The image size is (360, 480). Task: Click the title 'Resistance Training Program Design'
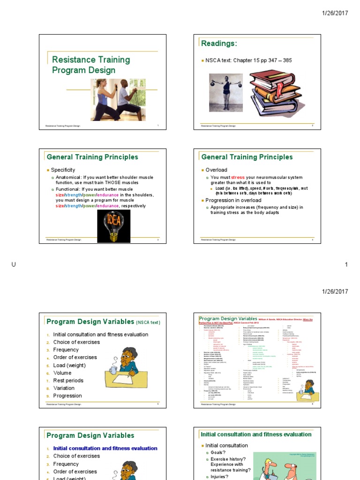pos(90,65)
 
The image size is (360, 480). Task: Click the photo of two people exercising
pos(118,99)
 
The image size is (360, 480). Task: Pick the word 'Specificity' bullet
pos(63,170)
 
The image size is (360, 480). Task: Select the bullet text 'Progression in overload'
pos(233,200)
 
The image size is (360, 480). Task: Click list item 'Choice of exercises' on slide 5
pos(76,342)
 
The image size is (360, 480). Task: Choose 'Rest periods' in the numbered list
pos(68,381)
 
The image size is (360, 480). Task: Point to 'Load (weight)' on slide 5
pos(69,365)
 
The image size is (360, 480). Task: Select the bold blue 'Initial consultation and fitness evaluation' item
pos(105,448)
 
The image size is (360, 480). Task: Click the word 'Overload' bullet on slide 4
pos(216,170)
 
